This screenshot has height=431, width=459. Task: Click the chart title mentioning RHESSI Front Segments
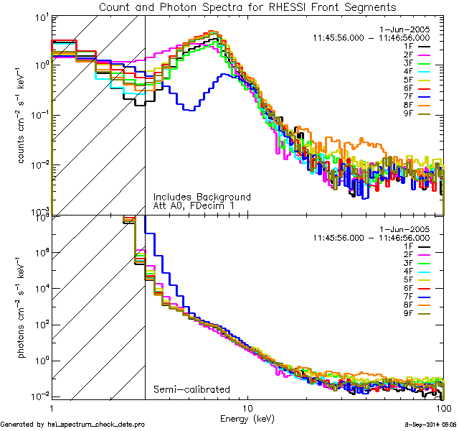tap(247, 7)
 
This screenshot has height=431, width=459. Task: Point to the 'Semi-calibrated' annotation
tap(191, 389)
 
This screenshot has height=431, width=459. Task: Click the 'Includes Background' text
tap(202, 197)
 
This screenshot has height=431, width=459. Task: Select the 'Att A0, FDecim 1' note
tap(194, 206)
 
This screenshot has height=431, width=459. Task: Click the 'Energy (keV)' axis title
tap(247, 417)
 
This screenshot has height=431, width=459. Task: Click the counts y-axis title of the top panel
tap(22, 115)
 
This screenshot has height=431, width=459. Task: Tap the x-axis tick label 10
tap(247, 407)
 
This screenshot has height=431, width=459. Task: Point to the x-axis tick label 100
tap(443, 407)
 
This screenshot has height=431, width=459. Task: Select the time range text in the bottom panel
tap(371, 237)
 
